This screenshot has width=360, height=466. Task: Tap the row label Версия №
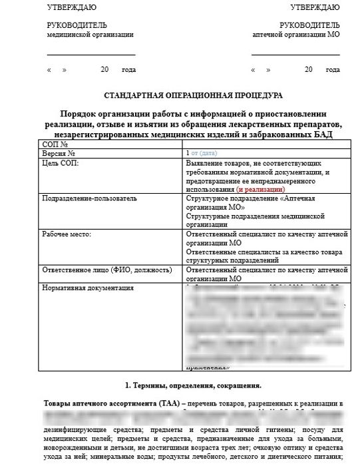[x=59, y=153]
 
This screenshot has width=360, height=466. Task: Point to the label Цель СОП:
[x=60, y=162]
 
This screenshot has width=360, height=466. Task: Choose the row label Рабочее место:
[x=66, y=235]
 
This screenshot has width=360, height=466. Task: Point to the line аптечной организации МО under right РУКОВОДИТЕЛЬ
[x=296, y=34]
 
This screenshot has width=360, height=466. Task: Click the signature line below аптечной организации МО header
[x=296, y=54]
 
